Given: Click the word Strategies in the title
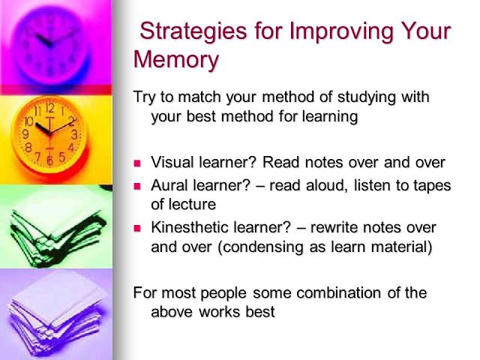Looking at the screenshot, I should coord(187,31).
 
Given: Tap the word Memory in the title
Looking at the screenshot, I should coord(176,58).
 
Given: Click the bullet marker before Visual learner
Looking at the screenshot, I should coord(137,163).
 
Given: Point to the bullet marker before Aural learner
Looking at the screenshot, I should coord(137,186).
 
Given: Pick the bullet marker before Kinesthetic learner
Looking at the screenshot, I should coord(137,227).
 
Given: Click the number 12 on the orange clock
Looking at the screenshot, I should coord(49,108).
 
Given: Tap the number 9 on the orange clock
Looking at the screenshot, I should coord(25,133).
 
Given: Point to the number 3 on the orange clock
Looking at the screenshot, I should coord(74,135).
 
